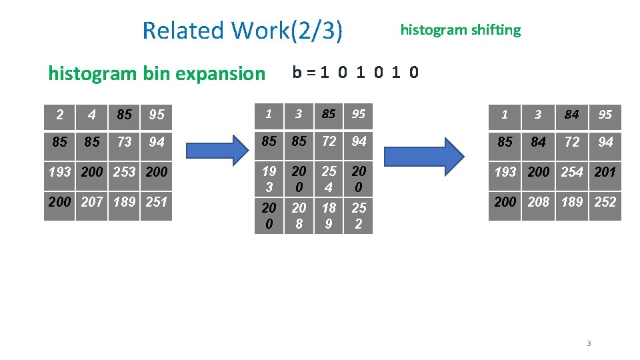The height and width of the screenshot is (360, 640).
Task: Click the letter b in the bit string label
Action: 297,72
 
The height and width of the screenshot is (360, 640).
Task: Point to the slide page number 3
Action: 589,343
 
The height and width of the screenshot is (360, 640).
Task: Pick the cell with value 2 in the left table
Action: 59,115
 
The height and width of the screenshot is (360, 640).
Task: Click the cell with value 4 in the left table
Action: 91,115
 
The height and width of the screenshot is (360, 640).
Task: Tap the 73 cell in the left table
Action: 124,142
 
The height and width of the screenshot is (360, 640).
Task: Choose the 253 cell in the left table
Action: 124,171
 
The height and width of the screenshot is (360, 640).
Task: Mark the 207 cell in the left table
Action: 91,201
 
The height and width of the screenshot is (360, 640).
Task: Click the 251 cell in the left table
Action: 156,201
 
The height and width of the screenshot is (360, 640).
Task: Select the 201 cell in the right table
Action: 605,171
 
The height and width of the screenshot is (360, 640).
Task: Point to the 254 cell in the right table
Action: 571,171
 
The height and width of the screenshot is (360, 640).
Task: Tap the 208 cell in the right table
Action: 538,201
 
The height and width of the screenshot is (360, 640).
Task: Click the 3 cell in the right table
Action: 538,115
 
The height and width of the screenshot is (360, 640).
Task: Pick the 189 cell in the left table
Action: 124,201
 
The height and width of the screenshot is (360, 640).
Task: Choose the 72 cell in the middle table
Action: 329,141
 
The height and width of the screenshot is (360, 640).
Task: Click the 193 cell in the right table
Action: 505,171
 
